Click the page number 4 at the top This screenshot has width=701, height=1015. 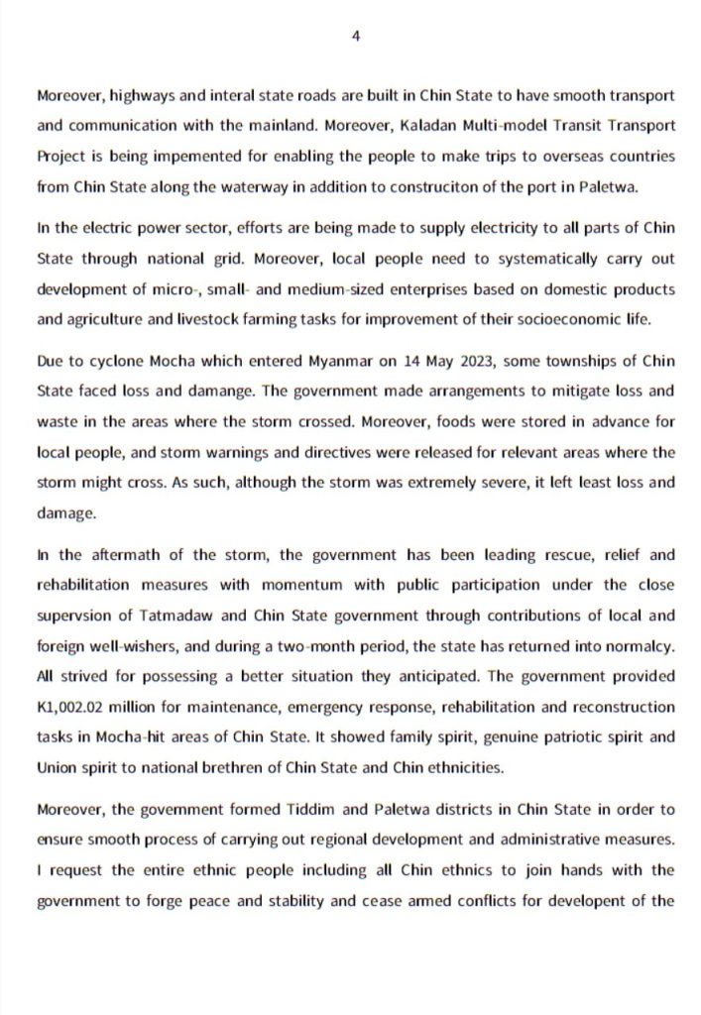[354, 36]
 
